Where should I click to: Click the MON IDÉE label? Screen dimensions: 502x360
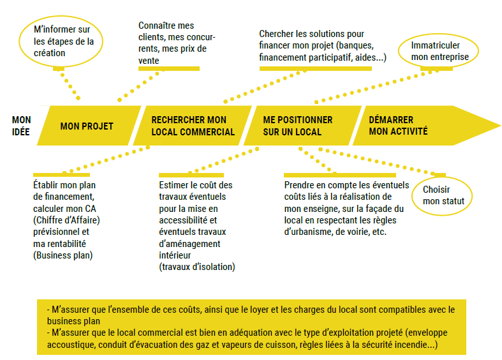coord(22,126)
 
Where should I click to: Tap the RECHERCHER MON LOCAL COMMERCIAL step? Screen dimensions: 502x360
coord(193,126)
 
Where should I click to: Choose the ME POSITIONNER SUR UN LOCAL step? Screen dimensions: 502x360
coord(302,126)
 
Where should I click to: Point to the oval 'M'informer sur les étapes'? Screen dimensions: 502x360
coord(61,41)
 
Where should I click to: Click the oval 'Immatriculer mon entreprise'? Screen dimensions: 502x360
coord(438,51)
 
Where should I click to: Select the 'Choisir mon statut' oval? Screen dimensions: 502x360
coord(442,196)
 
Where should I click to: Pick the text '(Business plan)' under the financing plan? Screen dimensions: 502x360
coord(63,255)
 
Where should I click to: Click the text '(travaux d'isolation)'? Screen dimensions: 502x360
coord(197,267)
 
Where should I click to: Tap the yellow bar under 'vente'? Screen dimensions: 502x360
coord(169,68)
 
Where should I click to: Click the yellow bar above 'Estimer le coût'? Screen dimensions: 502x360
coord(191,175)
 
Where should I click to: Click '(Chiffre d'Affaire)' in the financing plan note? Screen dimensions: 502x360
coord(66,220)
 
